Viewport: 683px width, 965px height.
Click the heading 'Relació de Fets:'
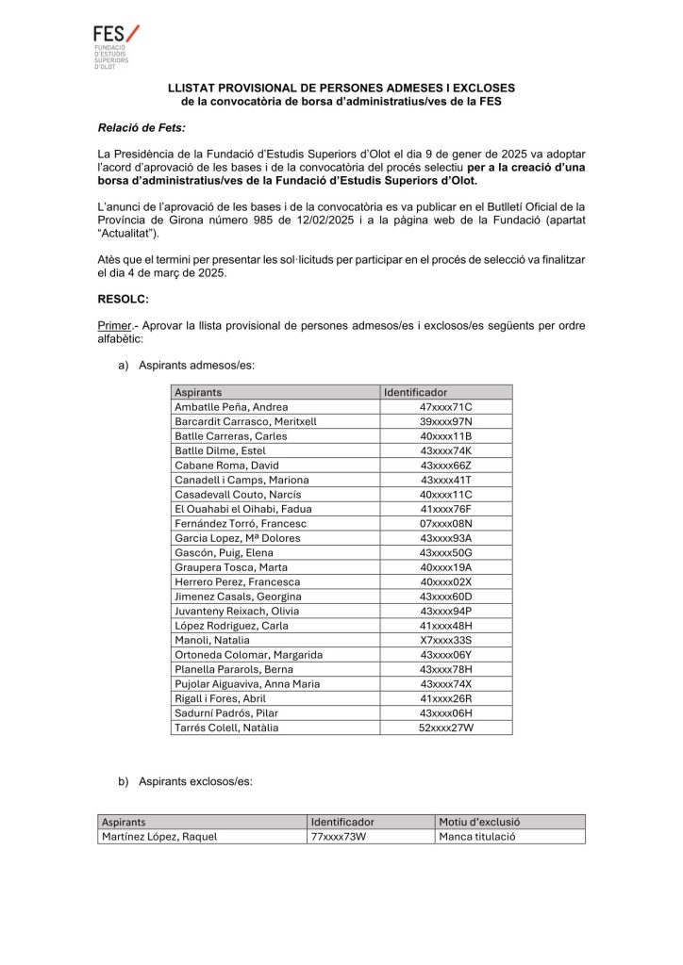point(142,126)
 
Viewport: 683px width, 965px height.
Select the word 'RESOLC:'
point(124,299)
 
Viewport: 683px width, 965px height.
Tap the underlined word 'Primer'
point(116,325)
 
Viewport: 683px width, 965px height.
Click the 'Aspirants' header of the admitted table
point(198,392)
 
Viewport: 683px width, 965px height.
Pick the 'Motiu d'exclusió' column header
point(480,822)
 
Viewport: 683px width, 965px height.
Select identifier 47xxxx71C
point(446,407)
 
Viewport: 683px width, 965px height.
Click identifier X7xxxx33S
point(446,640)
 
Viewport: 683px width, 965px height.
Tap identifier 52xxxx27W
point(446,728)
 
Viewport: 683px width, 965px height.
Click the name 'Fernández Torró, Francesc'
point(241,523)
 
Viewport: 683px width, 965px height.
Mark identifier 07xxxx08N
point(446,523)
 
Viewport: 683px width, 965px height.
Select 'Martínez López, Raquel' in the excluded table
point(159,837)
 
